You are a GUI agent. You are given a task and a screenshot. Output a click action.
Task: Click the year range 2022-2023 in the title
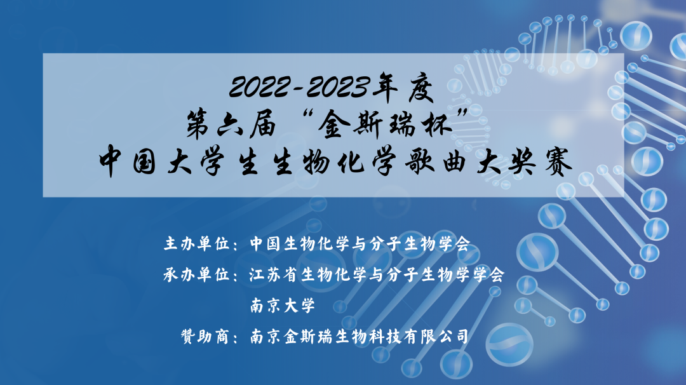tap(299, 87)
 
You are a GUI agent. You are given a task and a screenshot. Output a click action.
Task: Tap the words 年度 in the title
tap(403, 88)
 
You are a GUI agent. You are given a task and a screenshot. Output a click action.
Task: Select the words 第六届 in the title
tap(231, 125)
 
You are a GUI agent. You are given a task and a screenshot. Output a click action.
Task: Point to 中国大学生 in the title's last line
tap(178, 162)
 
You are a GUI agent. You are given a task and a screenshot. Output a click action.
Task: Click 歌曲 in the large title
tap(436, 161)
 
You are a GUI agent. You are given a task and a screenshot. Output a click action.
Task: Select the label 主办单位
tap(197, 243)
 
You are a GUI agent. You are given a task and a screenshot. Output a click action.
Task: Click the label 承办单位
tap(197, 274)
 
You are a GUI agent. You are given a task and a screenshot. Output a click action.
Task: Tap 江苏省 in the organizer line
tap(274, 274)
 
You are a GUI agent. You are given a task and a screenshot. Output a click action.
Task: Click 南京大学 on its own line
tap(283, 306)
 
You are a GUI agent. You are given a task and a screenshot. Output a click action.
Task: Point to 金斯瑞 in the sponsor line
tap(308, 337)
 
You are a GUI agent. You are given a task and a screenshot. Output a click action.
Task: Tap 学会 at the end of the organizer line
tap(488, 274)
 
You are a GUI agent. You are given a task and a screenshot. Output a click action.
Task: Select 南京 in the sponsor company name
tap(266, 337)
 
